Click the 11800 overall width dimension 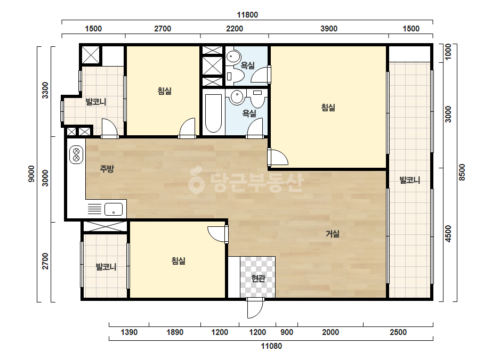247,15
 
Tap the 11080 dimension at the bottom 271,346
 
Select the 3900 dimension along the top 329,29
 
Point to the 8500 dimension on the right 462,172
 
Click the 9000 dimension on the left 31,174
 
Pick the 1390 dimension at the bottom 129,332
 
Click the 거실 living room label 332,234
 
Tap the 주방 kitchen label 107,169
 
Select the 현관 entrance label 258,278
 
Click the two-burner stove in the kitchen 76,154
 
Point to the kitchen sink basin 114,209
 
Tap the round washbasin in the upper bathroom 233,56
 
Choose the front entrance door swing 255,308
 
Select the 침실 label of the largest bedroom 328,108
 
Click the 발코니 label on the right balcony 409,180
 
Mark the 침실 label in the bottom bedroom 178,260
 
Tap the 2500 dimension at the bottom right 398,332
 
